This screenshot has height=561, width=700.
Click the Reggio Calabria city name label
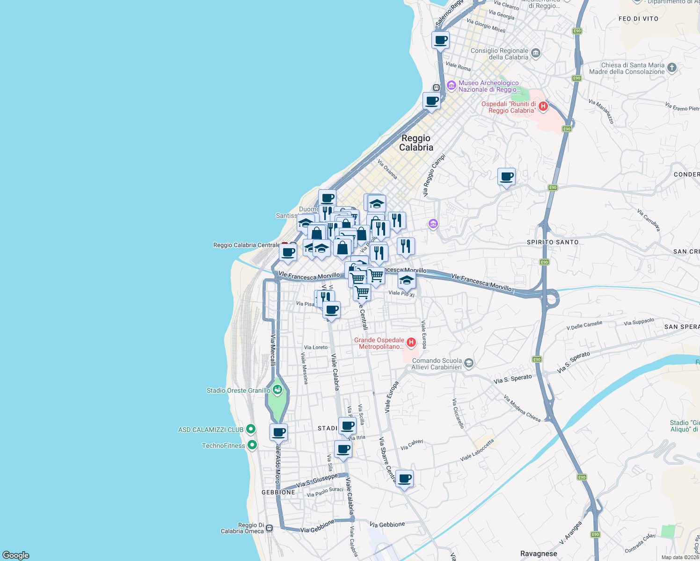click(x=416, y=143)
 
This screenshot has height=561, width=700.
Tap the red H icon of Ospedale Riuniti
click(x=543, y=106)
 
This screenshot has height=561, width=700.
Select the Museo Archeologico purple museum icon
click(x=451, y=85)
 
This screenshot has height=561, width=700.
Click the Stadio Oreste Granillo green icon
click(x=277, y=389)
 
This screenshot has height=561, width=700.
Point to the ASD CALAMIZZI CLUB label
click(x=211, y=430)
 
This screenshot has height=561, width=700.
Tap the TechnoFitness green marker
click(x=252, y=445)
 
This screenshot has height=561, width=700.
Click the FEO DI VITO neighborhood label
click(x=638, y=19)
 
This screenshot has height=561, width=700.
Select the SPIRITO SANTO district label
click(x=553, y=242)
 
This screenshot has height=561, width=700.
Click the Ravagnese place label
click(x=539, y=554)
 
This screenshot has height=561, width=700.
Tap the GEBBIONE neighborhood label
click(x=278, y=492)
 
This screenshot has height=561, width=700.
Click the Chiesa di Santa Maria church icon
click(x=671, y=68)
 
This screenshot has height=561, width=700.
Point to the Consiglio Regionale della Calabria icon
click(x=536, y=53)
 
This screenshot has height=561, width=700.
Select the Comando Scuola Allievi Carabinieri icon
click(x=469, y=363)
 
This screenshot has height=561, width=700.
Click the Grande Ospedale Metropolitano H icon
click(x=411, y=343)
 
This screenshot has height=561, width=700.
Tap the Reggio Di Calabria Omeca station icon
click(x=269, y=528)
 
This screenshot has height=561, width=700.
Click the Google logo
click(x=16, y=555)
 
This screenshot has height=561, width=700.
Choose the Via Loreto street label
click(x=316, y=347)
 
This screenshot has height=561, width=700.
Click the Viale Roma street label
click(x=458, y=66)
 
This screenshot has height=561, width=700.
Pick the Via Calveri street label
click(x=412, y=445)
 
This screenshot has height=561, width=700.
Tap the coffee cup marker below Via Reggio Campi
click(x=506, y=177)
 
